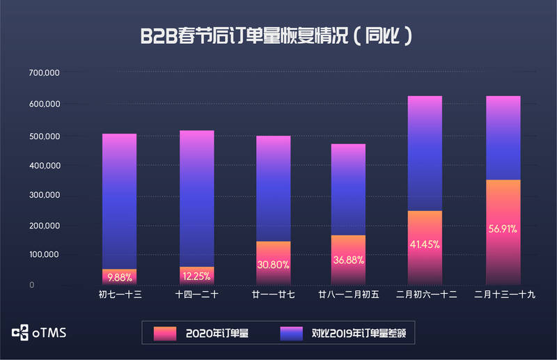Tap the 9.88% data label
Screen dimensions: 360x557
(x=119, y=276)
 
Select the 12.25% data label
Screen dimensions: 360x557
(x=196, y=276)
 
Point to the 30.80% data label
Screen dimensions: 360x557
(x=273, y=265)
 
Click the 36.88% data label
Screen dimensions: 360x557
(x=349, y=260)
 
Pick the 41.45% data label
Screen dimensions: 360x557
(x=425, y=245)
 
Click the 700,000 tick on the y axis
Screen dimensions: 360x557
(x=44, y=73)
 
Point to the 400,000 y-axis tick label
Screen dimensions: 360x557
(x=44, y=165)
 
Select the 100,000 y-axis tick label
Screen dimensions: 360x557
(x=44, y=255)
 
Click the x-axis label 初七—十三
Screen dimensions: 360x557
(x=120, y=295)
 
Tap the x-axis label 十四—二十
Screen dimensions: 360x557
(x=196, y=295)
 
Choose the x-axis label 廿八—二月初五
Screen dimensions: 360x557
(x=348, y=295)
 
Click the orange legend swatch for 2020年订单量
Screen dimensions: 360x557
(x=164, y=334)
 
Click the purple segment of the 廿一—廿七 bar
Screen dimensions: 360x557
(x=273, y=188)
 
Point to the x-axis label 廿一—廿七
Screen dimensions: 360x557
(x=273, y=295)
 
